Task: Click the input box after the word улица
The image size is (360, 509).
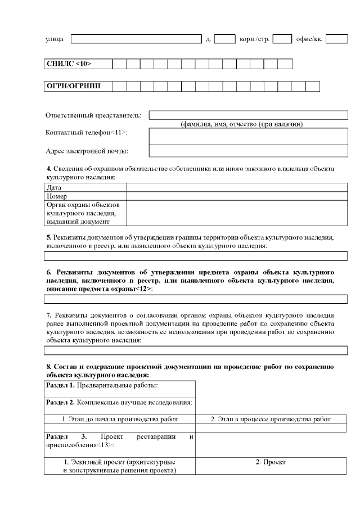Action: click(136, 39)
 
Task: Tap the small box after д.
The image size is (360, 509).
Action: click(224, 39)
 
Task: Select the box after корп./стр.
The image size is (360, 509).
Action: click(282, 39)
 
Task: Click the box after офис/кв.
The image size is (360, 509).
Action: click(336, 39)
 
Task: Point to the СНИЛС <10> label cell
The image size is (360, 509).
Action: click(78, 64)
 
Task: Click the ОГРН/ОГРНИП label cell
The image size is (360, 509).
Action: click(78, 86)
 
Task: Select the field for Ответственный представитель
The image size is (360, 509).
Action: click(248, 115)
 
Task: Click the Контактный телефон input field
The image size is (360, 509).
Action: click(248, 136)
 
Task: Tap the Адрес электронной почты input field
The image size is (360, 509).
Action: click(248, 150)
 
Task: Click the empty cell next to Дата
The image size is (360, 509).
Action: click(236, 188)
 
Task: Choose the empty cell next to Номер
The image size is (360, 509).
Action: click(236, 196)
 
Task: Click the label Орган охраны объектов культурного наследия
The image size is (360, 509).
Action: click(85, 213)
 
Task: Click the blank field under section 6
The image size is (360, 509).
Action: click(195, 299)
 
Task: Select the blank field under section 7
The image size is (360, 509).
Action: click(195, 350)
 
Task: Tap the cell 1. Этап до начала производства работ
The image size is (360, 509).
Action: click(119, 419)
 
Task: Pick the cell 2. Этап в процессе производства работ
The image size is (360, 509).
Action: click(271, 419)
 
